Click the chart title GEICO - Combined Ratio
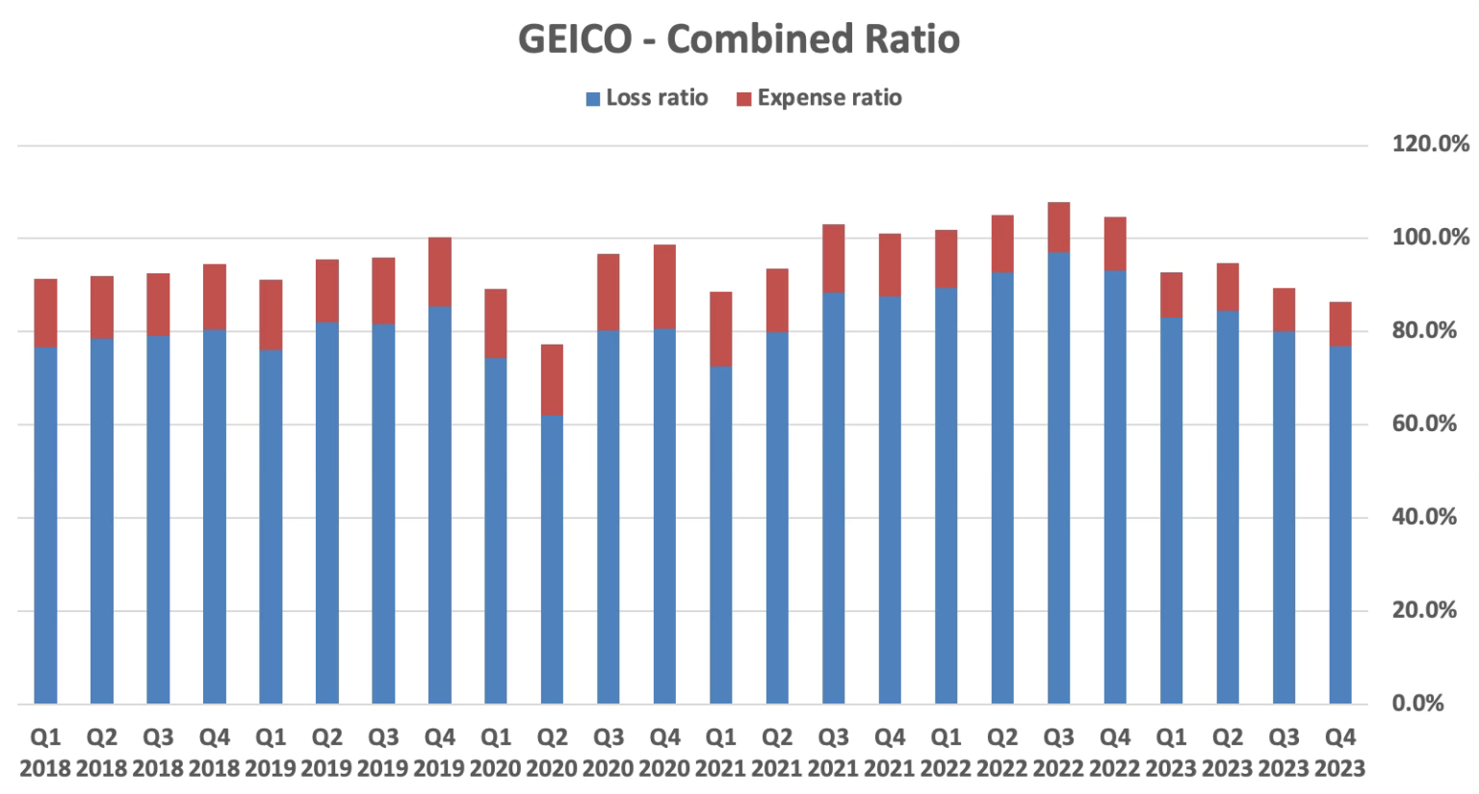click(739, 39)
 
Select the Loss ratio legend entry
click(647, 98)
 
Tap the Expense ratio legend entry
click(818, 98)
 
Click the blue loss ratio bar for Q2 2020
click(552, 558)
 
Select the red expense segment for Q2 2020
click(552, 380)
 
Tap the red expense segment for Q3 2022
click(1058, 228)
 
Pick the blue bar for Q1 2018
click(45, 525)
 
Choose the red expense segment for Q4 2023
click(1339, 324)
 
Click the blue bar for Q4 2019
click(439, 505)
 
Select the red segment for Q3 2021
click(833, 259)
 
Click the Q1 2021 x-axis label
click(720, 753)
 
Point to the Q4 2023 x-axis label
click(1339, 753)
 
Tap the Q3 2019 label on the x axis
click(383, 753)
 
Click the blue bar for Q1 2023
click(1171, 510)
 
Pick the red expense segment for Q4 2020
click(664, 287)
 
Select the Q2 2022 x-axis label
click(1001, 753)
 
